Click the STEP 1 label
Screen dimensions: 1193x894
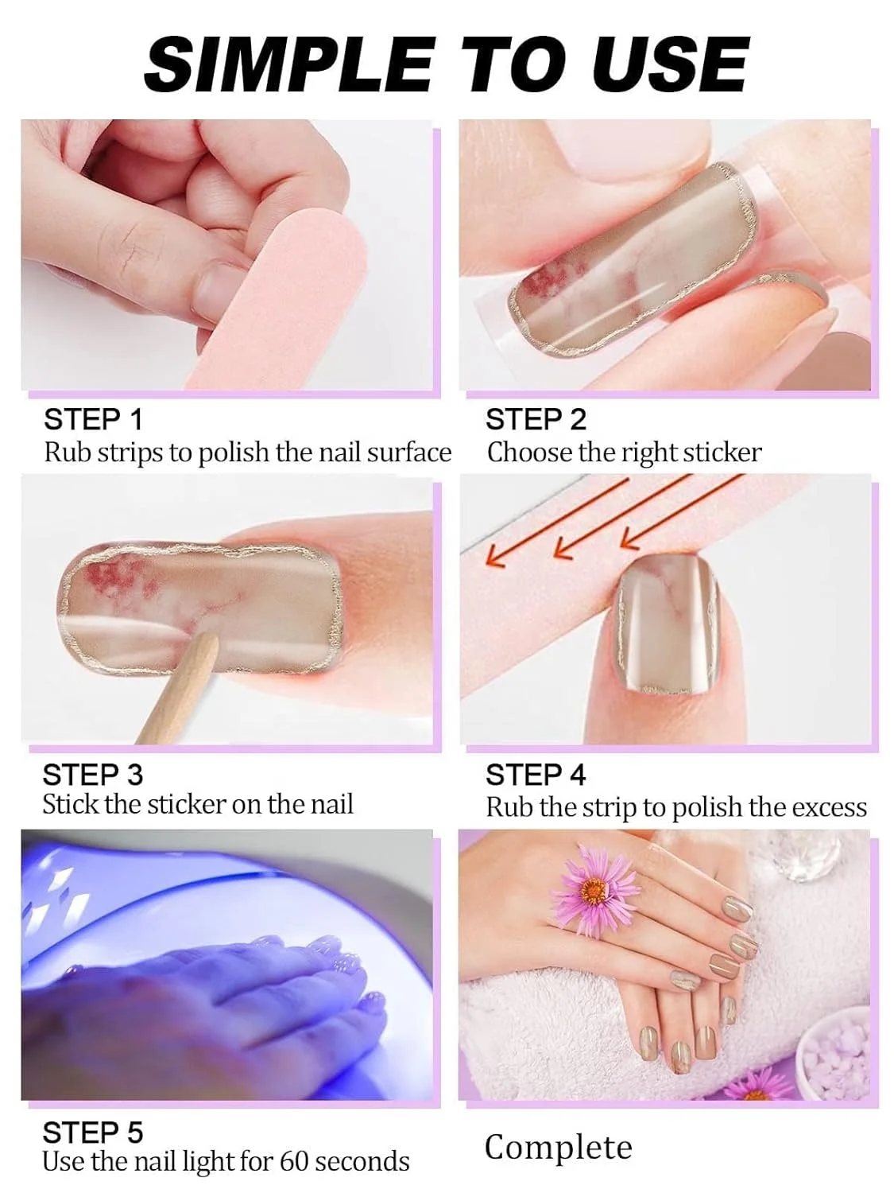point(93,419)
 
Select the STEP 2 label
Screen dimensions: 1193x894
point(535,419)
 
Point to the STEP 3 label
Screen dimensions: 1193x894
point(92,775)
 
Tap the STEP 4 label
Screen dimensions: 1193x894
point(535,775)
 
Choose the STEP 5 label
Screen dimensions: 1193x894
point(92,1133)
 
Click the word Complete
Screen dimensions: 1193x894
point(558,1148)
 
